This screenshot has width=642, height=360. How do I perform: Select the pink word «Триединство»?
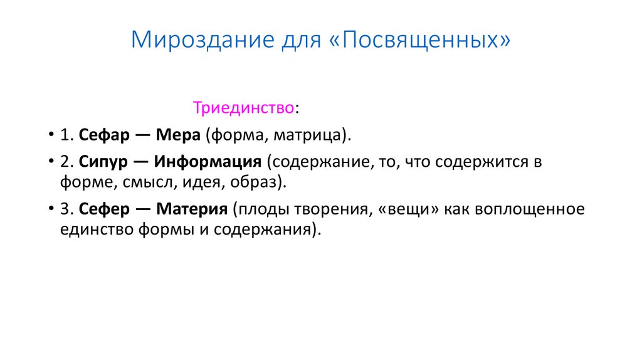tap(243, 108)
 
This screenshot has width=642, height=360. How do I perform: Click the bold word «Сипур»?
tap(103, 162)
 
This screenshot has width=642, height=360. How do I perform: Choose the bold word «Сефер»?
tap(103, 209)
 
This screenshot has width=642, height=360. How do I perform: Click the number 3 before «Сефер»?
tap(65, 209)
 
